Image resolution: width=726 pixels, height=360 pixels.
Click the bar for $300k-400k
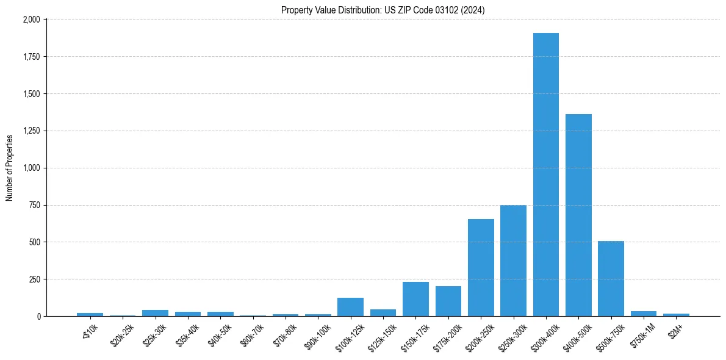click(545, 175)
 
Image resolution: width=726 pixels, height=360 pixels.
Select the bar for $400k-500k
click(578, 215)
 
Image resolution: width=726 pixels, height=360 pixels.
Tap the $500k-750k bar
click(611, 279)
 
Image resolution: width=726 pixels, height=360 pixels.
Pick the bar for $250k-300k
click(513, 261)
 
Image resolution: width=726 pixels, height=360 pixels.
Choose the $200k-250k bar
click(481, 267)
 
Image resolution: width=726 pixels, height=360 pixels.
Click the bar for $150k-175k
click(415, 299)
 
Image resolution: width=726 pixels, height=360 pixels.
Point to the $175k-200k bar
click(448, 301)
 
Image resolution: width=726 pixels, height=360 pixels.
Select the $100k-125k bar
click(350, 307)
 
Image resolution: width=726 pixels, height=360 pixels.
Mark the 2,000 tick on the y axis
click(32, 20)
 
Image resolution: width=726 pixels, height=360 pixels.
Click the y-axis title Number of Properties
click(10, 168)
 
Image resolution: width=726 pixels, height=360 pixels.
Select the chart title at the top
click(383, 10)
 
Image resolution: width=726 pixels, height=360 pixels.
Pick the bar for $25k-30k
click(155, 313)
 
